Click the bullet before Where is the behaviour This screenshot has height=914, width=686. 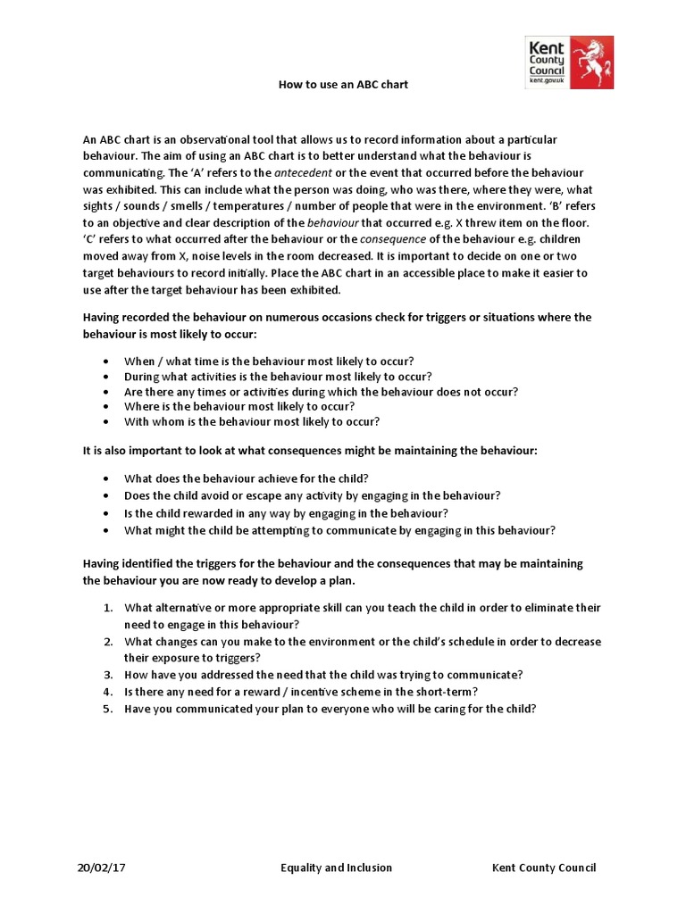click(x=106, y=406)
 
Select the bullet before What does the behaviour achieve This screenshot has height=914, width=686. click(x=106, y=479)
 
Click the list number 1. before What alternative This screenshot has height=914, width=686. click(x=107, y=608)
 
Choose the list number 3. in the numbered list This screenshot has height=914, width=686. click(x=107, y=675)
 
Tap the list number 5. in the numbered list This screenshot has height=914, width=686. click(x=107, y=709)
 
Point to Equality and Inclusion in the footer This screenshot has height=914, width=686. click(x=336, y=868)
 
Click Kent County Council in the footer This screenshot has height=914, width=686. click(x=544, y=868)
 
